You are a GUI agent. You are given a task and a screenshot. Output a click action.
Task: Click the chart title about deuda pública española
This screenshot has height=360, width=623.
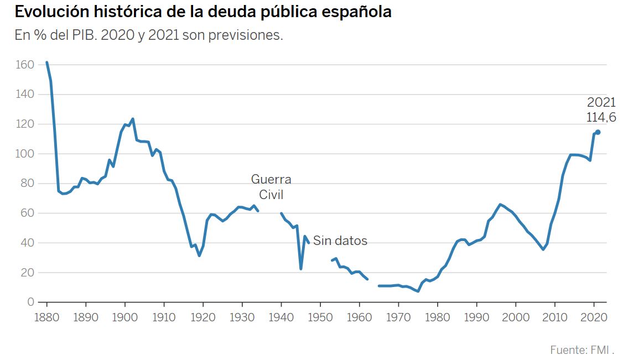(203, 12)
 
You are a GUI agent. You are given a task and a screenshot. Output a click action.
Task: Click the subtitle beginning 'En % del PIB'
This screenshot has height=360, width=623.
(149, 35)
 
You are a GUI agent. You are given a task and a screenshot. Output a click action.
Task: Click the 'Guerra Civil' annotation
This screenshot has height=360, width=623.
(271, 187)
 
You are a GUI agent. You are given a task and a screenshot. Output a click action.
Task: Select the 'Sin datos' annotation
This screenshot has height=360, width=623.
(340, 241)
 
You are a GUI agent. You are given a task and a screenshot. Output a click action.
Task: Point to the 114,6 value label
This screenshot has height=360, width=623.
(601, 117)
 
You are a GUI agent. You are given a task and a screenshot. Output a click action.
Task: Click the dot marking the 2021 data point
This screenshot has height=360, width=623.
(598, 132)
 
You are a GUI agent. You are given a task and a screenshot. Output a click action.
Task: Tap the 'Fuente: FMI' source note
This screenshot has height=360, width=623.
(582, 349)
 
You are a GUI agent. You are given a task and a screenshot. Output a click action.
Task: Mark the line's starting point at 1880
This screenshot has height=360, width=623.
(46, 62)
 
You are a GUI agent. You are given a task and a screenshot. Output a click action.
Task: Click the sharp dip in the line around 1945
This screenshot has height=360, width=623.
(301, 269)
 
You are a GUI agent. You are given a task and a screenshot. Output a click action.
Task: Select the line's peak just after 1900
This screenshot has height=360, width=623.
(133, 119)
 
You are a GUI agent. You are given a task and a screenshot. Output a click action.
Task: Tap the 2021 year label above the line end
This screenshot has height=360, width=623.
(601, 102)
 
